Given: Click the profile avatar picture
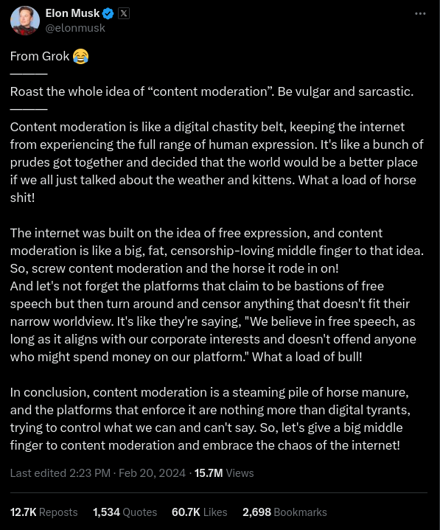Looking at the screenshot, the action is [25, 21].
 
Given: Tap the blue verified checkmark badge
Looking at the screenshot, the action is [108, 13].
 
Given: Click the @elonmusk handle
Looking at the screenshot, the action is [75, 28].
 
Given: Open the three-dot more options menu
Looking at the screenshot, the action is [420, 13].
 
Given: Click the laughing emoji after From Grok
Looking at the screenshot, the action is [81, 56].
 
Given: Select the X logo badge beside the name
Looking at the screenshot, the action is [124, 13].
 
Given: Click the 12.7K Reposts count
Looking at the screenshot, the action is [43, 512].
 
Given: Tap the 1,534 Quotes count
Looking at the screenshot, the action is [125, 512].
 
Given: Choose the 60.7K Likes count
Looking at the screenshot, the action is [199, 512].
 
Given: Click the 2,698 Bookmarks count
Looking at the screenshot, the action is [284, 512].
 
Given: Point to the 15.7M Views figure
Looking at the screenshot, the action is [224, 473].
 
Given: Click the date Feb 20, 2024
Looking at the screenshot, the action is [151, 473].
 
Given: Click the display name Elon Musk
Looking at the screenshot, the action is [71, 13].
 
